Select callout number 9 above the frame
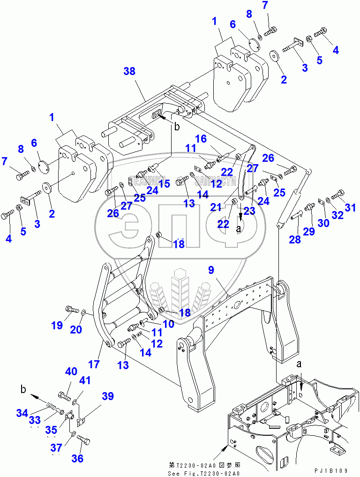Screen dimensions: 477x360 [x=211, y=270]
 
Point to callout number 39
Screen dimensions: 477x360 [x=108, y=397]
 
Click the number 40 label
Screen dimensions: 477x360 [x=71, y=371]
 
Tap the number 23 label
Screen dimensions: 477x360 [x=249, y=211]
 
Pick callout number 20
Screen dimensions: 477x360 [x=76, y=330]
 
